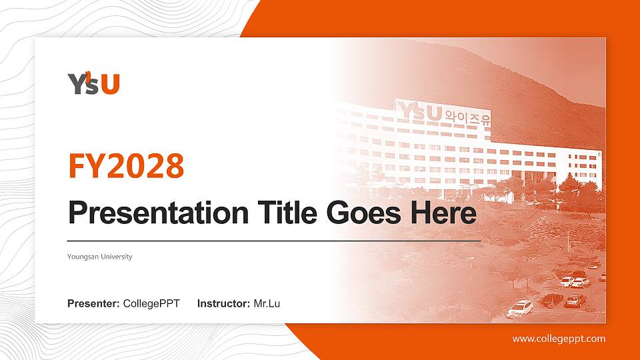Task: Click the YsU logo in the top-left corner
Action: tap(93, 83)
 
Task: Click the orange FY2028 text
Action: tap(126, 166)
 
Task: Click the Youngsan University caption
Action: tap(100, 257)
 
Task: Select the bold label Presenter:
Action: tap(93, 304)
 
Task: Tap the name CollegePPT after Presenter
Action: tap(151, 304)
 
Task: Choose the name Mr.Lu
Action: tap(267, 304)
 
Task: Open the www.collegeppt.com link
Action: tap(559, 339)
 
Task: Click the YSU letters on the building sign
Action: tap(420, 112)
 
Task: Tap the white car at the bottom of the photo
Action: tap(520, 309)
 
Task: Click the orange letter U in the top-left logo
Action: tap(111, 84)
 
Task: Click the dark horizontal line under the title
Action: tap(273, 240)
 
